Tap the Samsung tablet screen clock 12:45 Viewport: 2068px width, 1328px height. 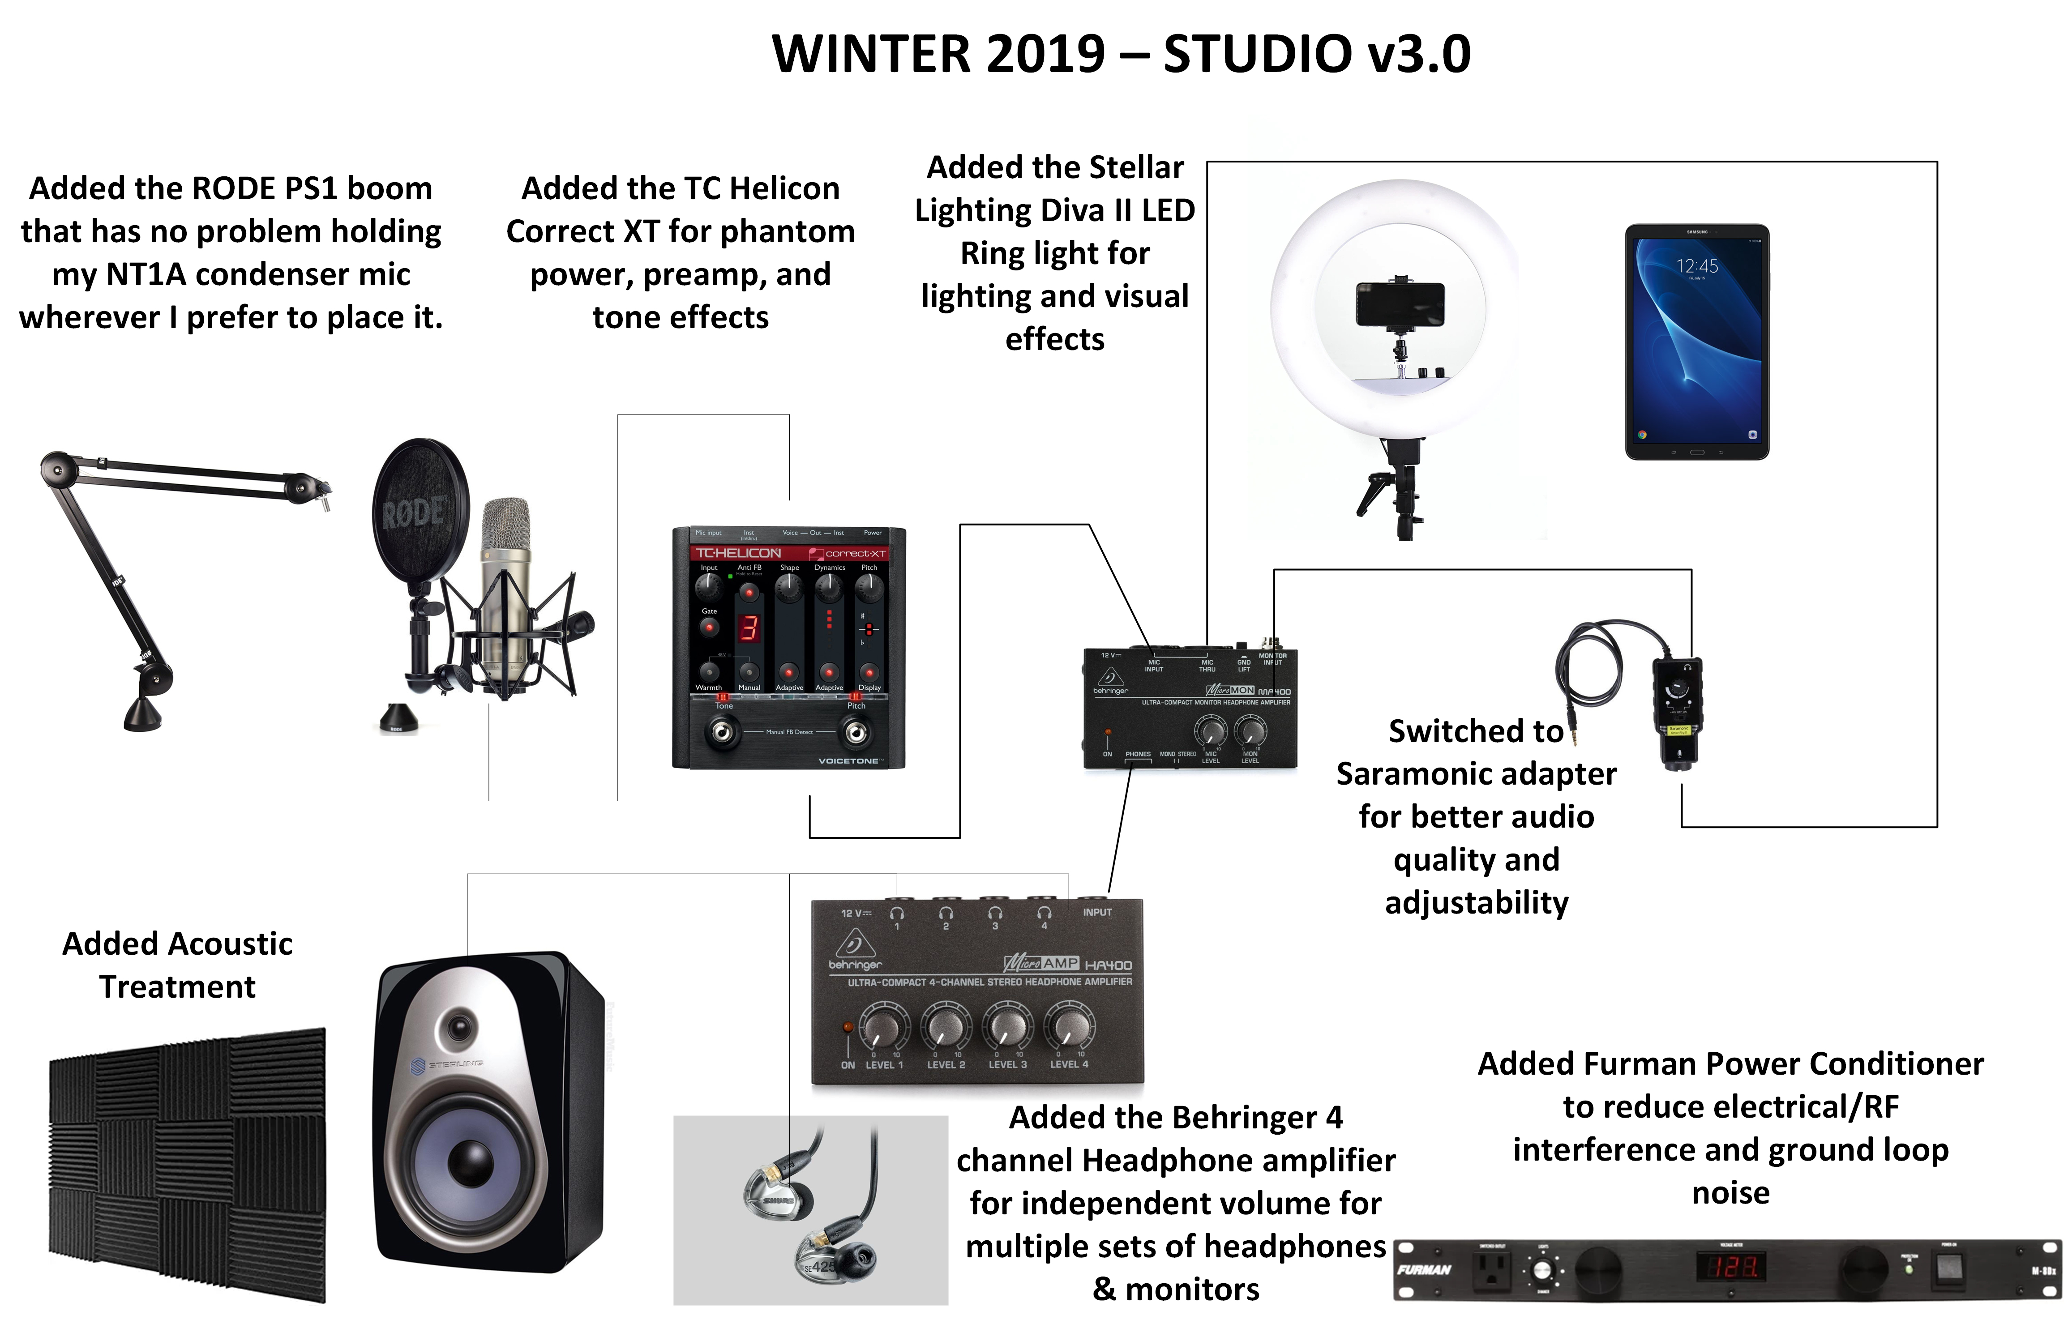pyautogui.click(x=1696, y=266)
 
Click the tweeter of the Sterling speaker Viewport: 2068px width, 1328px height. pyautogui.click(x=460, y=1028)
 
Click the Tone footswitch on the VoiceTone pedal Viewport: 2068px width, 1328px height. pyautogui.click(x=723, y=733)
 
